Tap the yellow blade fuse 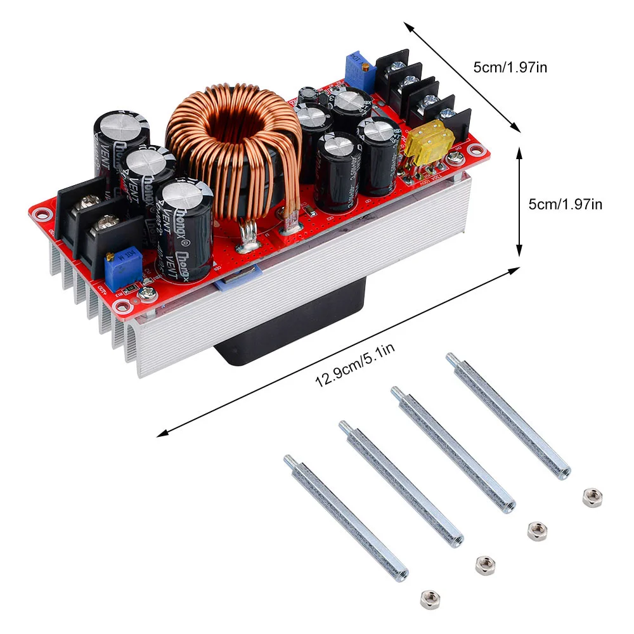click(x=432, y=143)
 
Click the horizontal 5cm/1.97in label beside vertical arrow click(x=565, y=204)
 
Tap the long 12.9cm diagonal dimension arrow click(x=336, y=352)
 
